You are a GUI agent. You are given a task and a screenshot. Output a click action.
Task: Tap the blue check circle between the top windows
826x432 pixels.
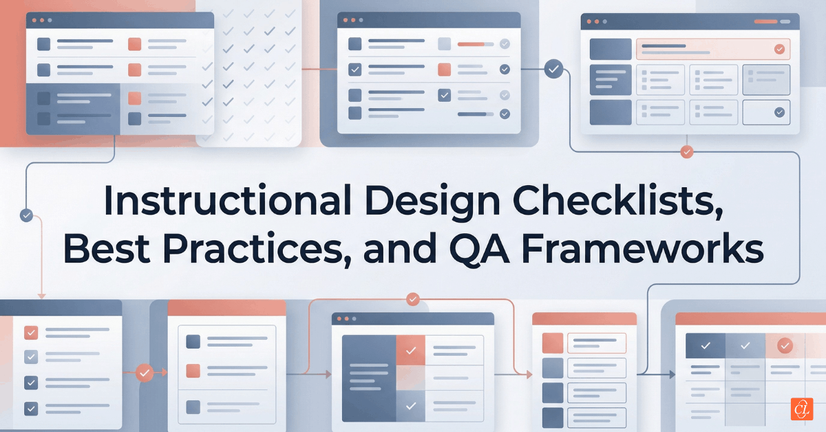pos(553,69)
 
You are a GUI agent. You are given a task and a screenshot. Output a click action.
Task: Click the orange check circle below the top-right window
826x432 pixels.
pos(686,152)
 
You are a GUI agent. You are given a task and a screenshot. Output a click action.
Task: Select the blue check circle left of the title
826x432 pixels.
pos(27,215)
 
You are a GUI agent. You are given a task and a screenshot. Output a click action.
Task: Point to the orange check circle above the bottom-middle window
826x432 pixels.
pos(413,299)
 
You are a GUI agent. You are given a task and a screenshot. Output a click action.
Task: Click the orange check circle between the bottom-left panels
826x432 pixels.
pos(145,373)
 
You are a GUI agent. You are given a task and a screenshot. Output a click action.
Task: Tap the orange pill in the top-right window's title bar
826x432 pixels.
pos(765,21)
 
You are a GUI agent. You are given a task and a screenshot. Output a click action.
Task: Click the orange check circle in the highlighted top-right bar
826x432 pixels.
pos(779,49)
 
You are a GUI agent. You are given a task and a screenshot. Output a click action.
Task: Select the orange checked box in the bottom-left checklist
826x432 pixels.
pos(31,334)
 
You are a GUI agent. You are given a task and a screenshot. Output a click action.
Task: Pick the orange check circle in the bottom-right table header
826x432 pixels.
pos(785,345)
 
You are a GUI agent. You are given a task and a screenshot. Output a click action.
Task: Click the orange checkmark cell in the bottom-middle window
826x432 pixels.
pos(410,351)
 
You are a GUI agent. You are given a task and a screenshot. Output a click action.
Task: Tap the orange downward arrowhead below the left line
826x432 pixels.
pos(41,296)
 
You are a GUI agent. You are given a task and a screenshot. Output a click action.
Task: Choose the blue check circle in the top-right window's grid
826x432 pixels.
pos(779,112)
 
